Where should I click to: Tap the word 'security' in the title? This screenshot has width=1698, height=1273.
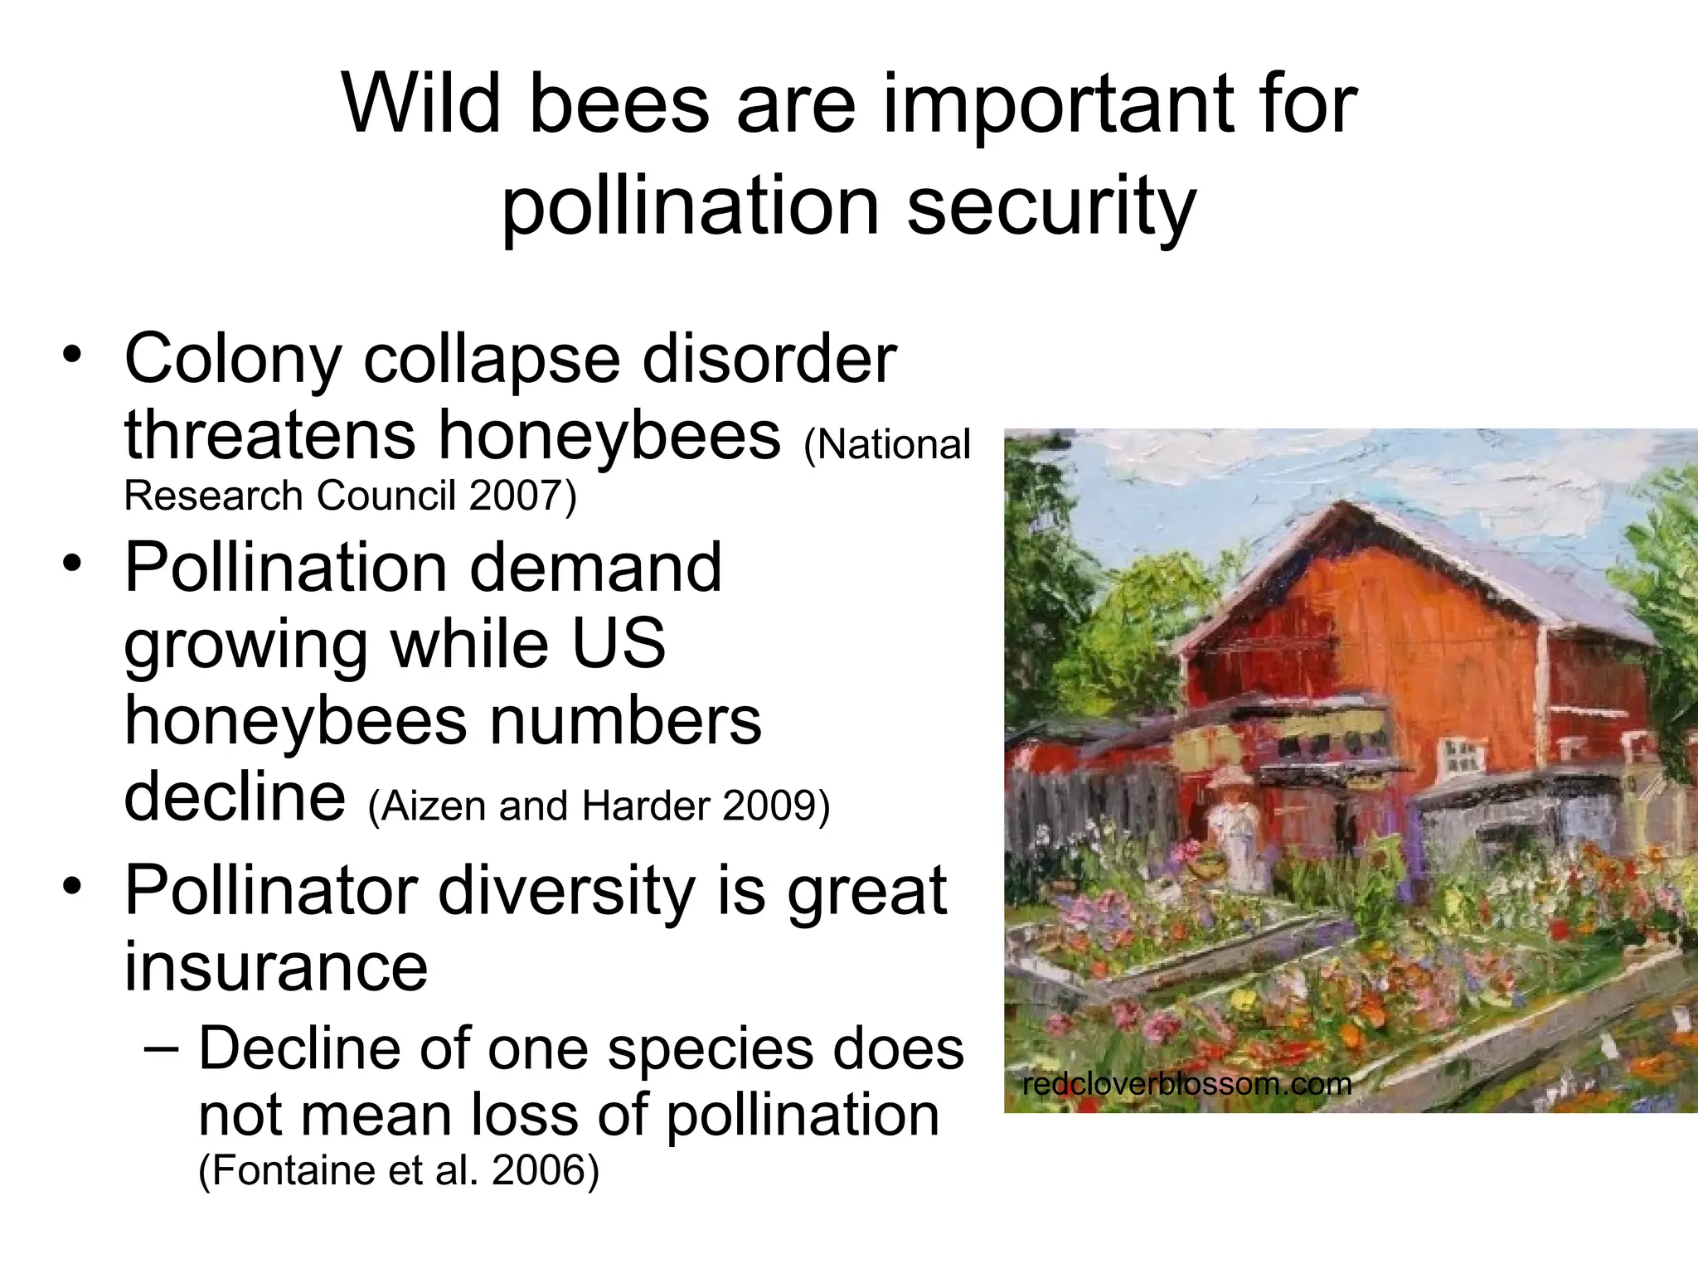click(x=1051, y=206)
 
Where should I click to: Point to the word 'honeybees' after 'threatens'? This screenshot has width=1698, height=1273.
click(x=609, y=437)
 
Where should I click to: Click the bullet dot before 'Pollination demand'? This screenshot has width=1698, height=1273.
click(x=72, y=563)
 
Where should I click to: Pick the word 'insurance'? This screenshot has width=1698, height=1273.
click(x=275, y=967)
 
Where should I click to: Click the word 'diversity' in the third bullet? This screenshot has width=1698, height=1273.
click(x=565, y=891)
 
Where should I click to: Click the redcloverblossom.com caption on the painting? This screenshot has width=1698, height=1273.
click(x=1186, y=1083)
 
